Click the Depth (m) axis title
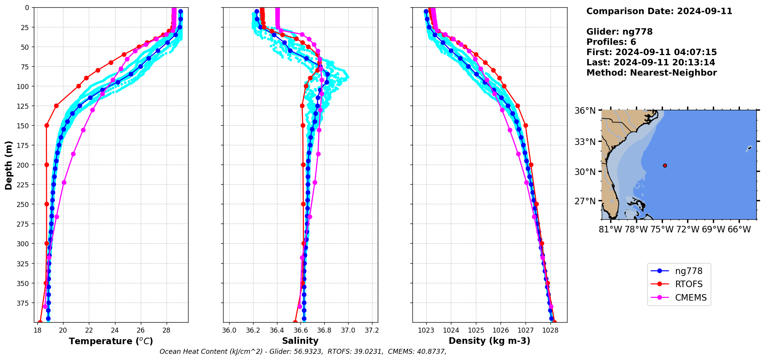(9, 165)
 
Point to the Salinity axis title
(300, 341)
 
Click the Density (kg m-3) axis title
(489, 341)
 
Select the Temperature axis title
(111, 341)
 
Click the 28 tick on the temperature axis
(166, 330)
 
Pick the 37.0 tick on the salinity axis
(348, 330)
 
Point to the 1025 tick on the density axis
(476, 330)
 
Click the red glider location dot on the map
(665, 166)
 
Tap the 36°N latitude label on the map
(585, 111)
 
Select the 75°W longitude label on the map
(662, 230)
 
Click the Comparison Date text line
(659, 11)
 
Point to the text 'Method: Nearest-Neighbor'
(651, 73)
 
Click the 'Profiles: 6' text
(611, 42)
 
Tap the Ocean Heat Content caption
(303, 352)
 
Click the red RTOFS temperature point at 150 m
(47, 125)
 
